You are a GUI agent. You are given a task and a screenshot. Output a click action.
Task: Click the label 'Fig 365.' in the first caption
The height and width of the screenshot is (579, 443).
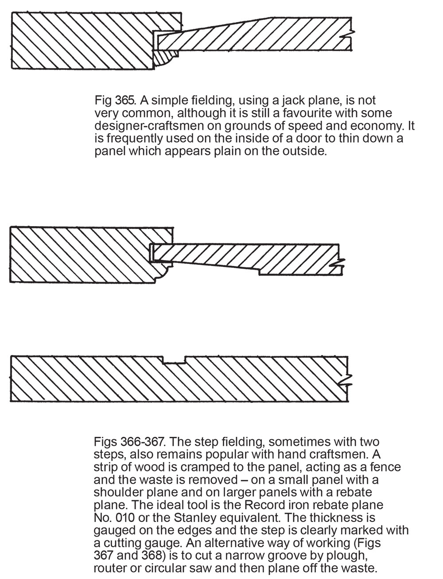pyautogui.click(x=113, y=100)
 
